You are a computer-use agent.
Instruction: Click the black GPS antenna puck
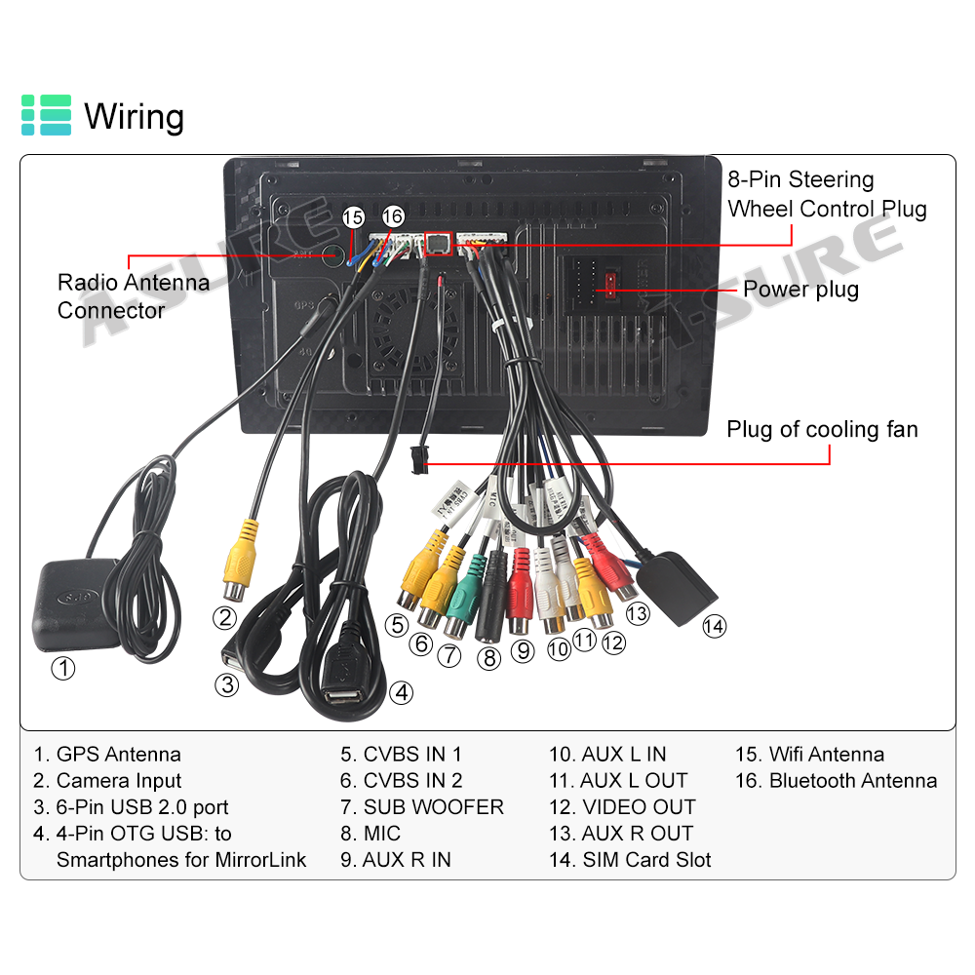pos(76,604)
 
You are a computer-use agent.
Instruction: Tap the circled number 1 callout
pos(62,669)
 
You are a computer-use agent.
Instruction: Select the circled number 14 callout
pos(715,626)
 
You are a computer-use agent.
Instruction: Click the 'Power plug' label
pos(800,290)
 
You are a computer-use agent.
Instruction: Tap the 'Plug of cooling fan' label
pos(822,430)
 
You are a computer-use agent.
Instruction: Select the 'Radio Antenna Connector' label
pos(133,296)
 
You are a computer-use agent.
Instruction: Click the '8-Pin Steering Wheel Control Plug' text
pos(827,194)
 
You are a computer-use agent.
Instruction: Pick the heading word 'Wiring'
pos(134,116)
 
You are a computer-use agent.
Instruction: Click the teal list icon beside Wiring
pos(47,115)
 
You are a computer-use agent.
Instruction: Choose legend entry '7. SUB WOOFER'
pos(422,807)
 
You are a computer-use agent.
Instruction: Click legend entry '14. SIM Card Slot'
pos(630,860)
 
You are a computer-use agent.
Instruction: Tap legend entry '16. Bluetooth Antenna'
pos(836,781)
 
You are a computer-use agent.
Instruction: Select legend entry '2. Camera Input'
pos(107,781)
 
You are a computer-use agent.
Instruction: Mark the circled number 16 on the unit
pos(392,216)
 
